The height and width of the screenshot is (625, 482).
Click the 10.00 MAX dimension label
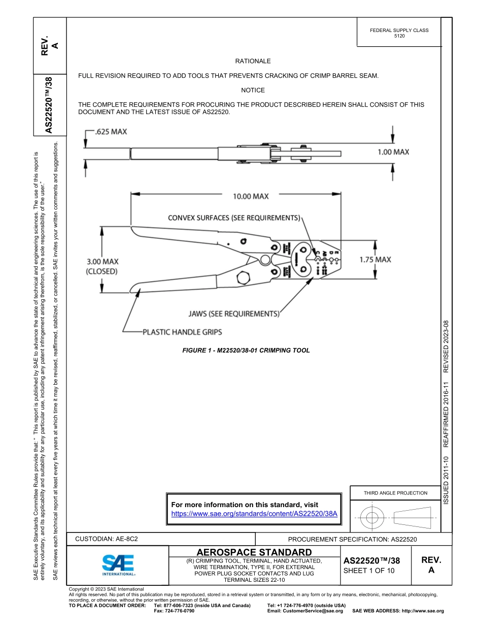pyautogui.click(x=251, y=196)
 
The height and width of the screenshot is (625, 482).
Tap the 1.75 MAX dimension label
pyautogui.click(x=375, y=260)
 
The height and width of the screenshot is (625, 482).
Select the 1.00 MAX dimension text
pyautogui.click(x=393, y=151)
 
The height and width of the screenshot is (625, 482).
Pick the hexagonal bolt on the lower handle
pyautogui.click(x=243, y=278)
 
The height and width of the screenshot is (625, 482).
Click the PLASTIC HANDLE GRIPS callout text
pyautogui.click(x=182, y=332)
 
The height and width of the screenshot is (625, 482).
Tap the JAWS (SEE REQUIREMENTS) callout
pyautogui.click(x=234, y=314)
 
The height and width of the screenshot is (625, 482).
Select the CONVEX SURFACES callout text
pyautogui.click(x=234, y=218)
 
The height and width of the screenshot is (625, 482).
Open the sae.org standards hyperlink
pyautogui.click(x=254, y=514)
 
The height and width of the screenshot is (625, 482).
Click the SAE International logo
pyautogui.click(x=118, y=564)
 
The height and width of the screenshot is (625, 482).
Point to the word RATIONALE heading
pyautogui.click(x=253, y=61)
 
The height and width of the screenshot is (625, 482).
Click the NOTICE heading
pyautogui.click(x=253, y=90)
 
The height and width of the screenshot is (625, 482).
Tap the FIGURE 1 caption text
pyautogui.click(x=246, y=351)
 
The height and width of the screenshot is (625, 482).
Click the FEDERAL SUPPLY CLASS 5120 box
pyautogui.click(x=399, y=33)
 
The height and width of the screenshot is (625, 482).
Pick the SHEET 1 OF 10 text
pyautogui.click(x=368, y=570)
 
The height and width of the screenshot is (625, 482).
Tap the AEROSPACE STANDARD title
pyautogui.click(x=254, y=552)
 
